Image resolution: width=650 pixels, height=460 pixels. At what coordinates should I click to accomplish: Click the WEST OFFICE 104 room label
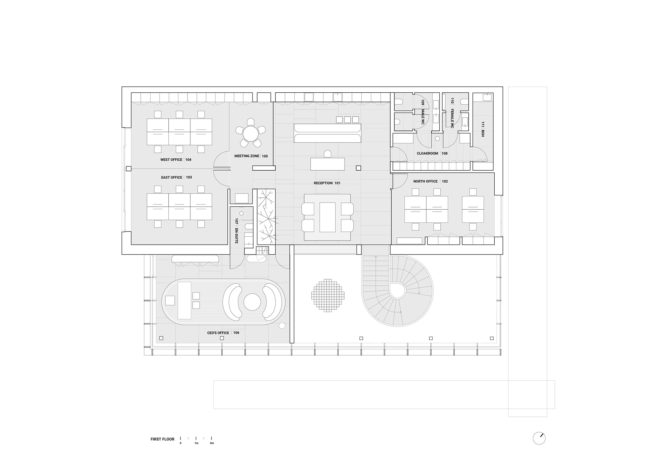(x=176, y=160)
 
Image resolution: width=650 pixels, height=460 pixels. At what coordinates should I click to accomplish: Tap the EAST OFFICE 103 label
(x=176, y=177)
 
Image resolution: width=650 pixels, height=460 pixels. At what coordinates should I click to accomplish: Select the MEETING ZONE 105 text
(x=251, y=156)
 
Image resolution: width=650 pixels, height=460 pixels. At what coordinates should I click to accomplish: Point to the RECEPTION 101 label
(x=327, y=183)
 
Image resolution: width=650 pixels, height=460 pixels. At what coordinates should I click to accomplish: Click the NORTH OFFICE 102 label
(x=431, y=181)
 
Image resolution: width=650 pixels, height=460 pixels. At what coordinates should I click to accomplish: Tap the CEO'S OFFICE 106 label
(x=223, y=333)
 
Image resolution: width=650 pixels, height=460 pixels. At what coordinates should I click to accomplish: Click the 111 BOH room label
(x=483, y=129)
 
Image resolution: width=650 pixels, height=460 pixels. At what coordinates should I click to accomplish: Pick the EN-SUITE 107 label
(x=237, y=231)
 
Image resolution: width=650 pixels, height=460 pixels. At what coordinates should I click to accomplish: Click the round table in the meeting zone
(x=250, y=134)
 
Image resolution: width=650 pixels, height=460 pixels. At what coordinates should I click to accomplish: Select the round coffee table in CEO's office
(x=252, y=302)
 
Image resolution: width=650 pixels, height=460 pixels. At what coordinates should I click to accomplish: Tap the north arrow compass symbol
(x=539, y=439)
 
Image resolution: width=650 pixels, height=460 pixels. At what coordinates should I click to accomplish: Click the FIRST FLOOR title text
(x=162, y=439)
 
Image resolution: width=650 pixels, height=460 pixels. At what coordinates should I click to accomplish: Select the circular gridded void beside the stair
(x=328, y=295)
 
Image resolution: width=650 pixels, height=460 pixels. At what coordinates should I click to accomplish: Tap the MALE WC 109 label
(x=423, y=112)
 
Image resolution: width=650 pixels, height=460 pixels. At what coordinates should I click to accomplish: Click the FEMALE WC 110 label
(x=452, y=113)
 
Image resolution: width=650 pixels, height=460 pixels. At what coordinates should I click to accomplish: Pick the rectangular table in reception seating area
(x=327, y=217)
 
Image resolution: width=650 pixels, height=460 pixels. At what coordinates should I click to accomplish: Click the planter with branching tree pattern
(x=266, y=217)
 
